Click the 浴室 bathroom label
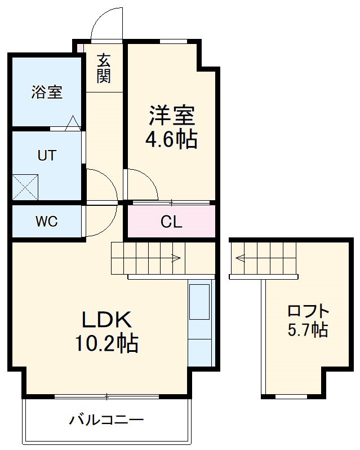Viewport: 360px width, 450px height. tap(47, 92)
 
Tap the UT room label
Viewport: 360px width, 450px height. tap(47, 156)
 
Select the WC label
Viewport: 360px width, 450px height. tap(47, 222)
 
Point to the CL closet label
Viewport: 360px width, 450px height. tap(171, 222)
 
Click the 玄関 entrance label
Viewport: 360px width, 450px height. tap(103, 68)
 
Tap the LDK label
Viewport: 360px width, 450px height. tap(106, 320)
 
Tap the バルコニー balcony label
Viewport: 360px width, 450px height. tap(107, 420)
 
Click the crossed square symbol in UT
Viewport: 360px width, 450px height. tap(26, 187)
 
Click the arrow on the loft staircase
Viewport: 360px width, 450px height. tap(241, 259)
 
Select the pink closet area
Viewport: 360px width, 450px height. tap(171, 222)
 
